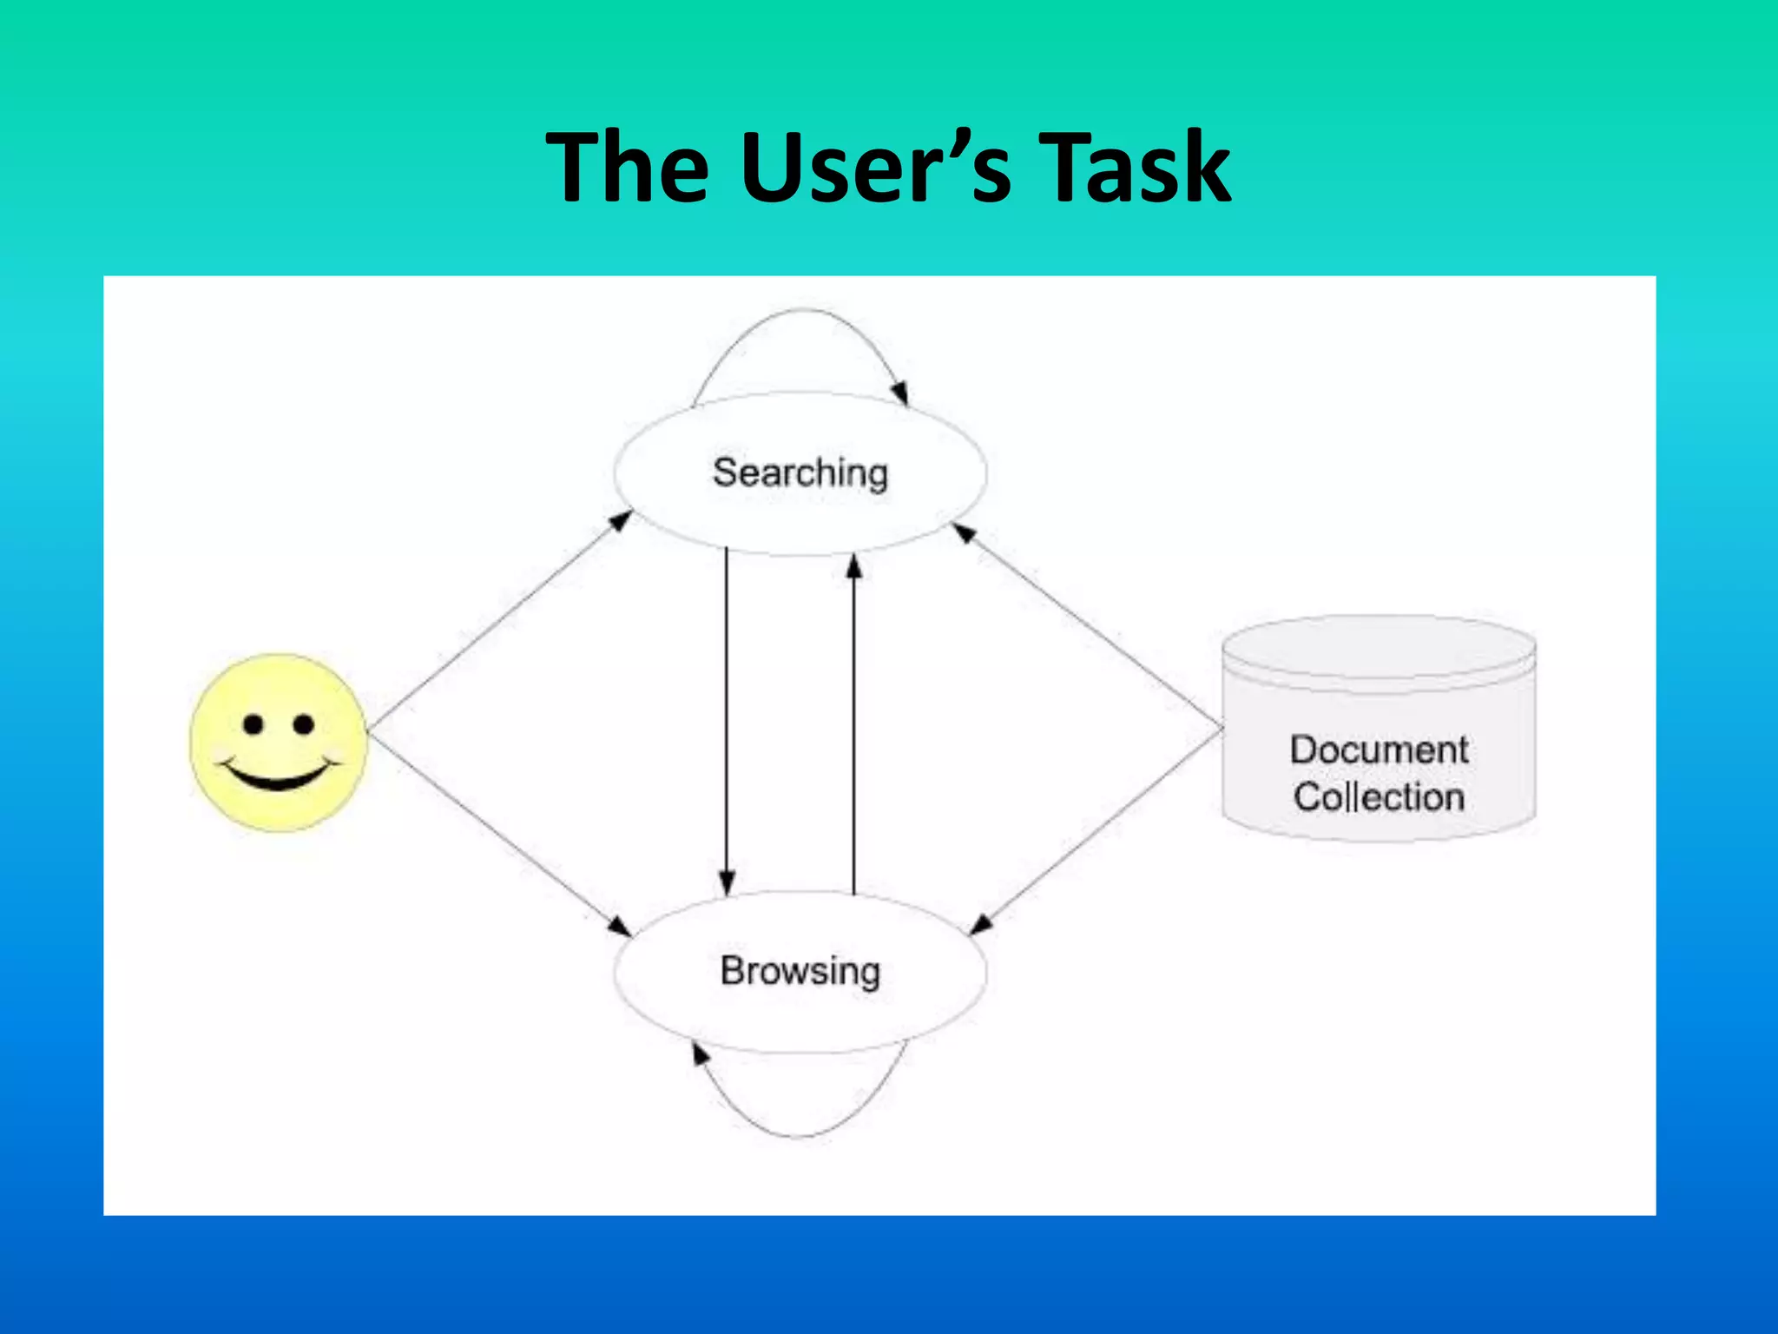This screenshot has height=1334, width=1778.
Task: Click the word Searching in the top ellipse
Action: (x=800, y=474)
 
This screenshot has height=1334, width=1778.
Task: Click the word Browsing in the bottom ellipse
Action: (x=800, y=971)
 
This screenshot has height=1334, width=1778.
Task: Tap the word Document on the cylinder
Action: (x=1379, y=750)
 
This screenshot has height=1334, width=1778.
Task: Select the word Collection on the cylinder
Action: (x=1379, y=797)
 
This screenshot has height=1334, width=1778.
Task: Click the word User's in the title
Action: (x=877, y=167)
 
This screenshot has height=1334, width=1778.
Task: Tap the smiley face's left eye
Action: (x=253, y=724)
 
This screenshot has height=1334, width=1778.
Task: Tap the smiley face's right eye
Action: (x=304, y=724)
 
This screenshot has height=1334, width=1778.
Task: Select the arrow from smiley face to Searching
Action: (x=499, y=620)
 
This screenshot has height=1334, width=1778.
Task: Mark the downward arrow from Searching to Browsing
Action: (x=727, y=721)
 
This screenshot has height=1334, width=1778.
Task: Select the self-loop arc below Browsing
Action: (x=800, y=1134)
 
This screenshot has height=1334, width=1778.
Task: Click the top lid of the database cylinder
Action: (x=1379, y=647)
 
